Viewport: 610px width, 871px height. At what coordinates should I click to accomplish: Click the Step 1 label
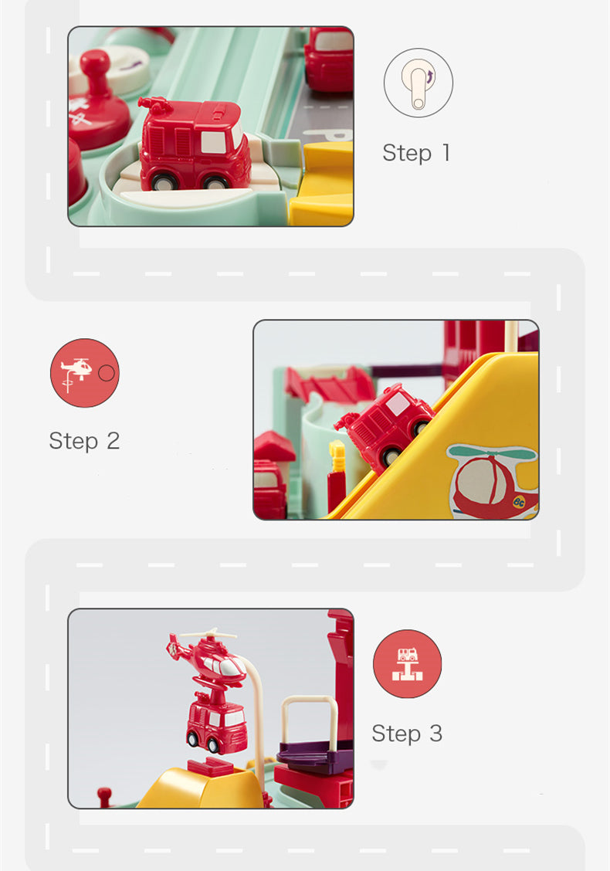point(416,153)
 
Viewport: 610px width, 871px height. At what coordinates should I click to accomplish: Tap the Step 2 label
point(84,441)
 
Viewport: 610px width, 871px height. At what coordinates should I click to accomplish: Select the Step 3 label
point(407,734)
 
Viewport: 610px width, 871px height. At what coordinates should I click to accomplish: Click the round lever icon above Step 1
point(419,83)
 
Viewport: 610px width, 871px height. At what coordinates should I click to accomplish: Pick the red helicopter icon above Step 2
point(84,373)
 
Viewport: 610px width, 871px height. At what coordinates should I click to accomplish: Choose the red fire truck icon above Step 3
point(407,663)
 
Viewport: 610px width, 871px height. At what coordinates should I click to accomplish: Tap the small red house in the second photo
point(274,448)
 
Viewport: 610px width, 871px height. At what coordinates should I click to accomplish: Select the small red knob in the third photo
point(104,794)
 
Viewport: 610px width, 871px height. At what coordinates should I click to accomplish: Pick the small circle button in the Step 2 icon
point(107,373)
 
